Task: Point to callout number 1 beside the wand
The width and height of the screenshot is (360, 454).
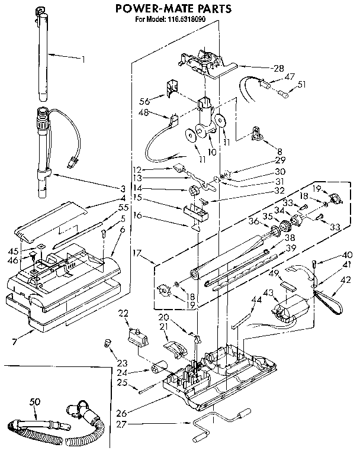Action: tap(83, 59)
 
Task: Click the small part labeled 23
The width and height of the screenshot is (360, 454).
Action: tap(108, 342)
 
